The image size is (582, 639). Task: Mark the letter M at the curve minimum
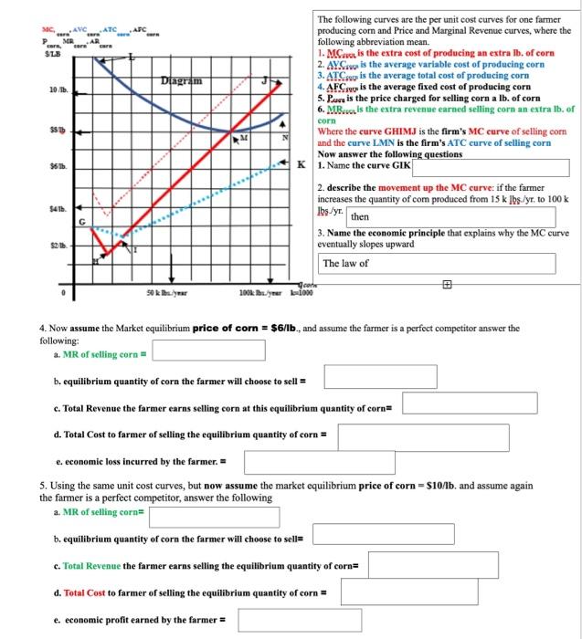click(x=244, y=138)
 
